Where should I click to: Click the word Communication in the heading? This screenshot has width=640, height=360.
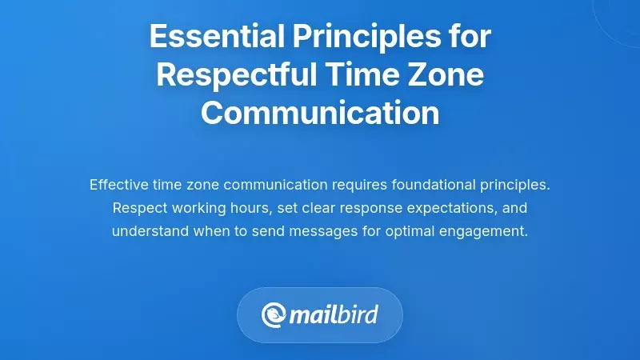pos(320,113)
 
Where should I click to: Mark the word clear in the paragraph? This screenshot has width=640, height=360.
pos(316,208)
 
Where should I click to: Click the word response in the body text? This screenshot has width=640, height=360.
pos(370,208)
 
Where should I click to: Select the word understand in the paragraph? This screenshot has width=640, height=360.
pos(147,231)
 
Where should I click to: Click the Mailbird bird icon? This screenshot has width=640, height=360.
pos(274,315)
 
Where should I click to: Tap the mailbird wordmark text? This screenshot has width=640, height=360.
pos(334,315)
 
